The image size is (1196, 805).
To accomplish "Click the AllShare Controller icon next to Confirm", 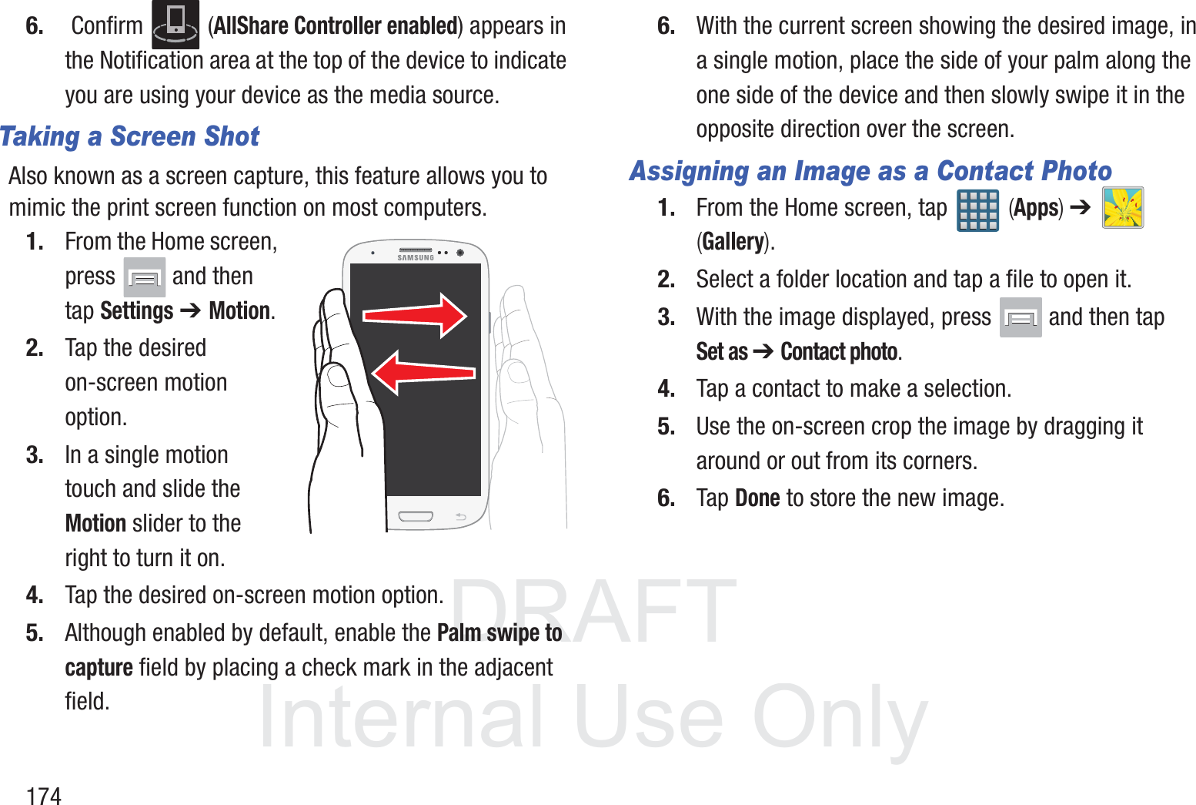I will [175, 25].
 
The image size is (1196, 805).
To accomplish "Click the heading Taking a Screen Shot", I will [129, 136].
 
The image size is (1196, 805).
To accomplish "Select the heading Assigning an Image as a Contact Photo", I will [870, 170].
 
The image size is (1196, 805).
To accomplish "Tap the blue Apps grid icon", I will [977, 210].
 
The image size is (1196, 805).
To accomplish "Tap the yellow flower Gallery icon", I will [1123, 208].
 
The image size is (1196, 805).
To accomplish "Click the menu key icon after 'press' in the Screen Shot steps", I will [145, 277].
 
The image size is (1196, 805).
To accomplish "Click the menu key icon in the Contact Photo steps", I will [1021, 317].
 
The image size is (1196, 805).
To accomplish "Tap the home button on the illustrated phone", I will [416, 516].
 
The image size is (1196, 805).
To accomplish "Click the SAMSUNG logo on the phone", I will [416, 258].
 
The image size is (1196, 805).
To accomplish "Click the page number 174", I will [44, 796].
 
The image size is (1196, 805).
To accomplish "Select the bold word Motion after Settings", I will [239, 311].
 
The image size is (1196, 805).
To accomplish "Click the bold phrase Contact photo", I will [839, 352].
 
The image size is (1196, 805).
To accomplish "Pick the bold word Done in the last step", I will [757, 498].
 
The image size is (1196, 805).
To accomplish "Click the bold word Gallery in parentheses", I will [733, 242].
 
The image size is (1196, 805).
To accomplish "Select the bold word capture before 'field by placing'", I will [99, 667].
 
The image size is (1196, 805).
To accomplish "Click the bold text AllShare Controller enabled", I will [336, 26].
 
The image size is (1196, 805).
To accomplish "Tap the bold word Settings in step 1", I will [137, 311].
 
